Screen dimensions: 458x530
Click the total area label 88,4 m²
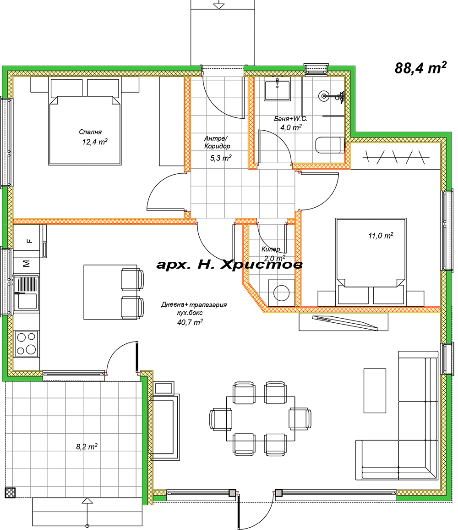(420, 68)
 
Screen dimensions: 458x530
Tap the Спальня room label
(90, 132)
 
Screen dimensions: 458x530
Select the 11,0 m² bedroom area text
(381, 235)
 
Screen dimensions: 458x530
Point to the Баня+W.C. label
(290, 119)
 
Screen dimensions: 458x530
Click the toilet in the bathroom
(330, 145)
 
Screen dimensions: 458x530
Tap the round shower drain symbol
(324, 96)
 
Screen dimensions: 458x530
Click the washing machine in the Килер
(281, 293)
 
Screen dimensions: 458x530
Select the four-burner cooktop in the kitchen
(27, 344)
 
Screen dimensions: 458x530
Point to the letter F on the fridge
(29, 241)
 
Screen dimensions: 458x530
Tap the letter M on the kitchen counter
(27, 263)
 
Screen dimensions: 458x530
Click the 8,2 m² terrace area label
(87, 447)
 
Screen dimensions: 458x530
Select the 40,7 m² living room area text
(190, 322)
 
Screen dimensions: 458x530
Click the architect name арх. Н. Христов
(229, 265)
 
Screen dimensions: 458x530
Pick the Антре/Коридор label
(217, 142)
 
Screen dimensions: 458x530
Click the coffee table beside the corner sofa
(375, 391)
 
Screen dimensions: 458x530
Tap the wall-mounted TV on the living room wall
(345, 322)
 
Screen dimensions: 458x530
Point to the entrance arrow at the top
(219, 5)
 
